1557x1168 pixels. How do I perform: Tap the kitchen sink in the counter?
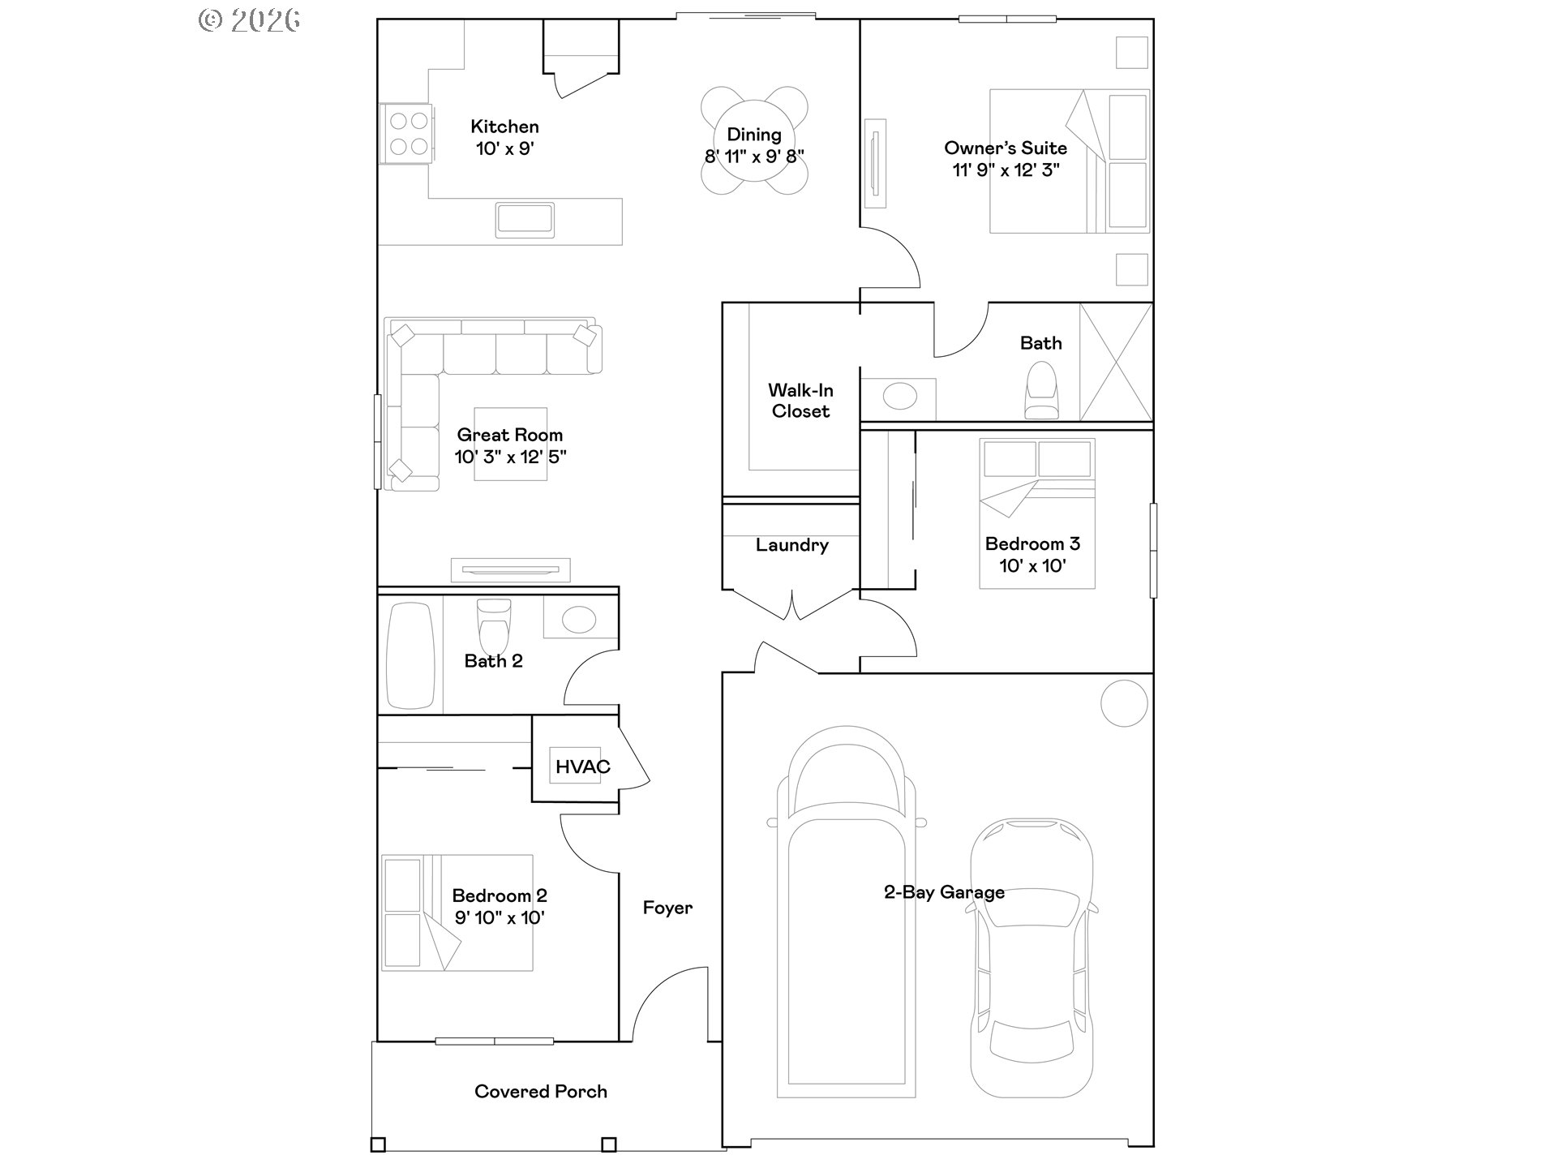click(x=525, y=220)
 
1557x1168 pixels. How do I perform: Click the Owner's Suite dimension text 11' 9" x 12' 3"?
click(x=1006, y=170)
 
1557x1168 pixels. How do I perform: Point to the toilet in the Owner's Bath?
click(x=1041, y=390)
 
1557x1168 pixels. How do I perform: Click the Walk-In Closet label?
click(x=800, y=401)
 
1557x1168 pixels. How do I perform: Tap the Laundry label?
click(x=791, y=545)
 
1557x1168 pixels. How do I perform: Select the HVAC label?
click(x=582, y=766)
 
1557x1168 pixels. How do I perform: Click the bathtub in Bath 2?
click(x=410, y=655)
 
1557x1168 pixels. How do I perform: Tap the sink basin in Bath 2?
click(x=579, y=620)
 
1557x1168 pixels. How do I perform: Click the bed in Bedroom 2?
click(x=457, y=912)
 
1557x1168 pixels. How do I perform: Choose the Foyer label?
click(x=667, y=908)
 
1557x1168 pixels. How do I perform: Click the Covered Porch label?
click(x=541, y=1092)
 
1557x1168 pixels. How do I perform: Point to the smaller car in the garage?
click(x=1032, y=957)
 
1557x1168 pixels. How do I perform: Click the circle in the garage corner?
click(x=1125, y=702)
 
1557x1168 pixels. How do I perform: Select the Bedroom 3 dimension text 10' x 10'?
click(x=1032, y=566)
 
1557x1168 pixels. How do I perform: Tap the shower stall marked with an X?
click(x=1116, y=362)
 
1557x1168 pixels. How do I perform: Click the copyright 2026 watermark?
click(x=250, y=20)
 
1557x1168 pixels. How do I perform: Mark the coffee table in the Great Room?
click(x=510, y=444)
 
